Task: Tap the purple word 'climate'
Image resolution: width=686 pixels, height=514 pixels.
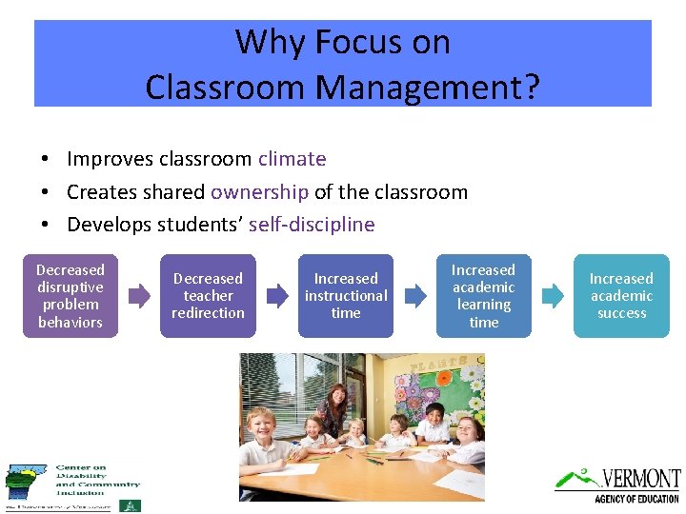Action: [292, 159]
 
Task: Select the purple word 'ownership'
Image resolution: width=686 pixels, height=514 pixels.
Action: [259, 192]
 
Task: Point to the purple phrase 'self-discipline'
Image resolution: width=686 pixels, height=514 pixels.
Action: [312, 226]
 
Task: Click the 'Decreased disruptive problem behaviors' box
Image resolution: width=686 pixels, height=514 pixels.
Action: [71, 296]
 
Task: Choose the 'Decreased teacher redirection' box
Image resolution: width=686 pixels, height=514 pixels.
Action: [208, 296]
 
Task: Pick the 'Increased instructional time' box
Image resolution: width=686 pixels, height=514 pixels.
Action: [346, 296]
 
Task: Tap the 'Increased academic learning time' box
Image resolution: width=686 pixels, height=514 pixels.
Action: [483, 296]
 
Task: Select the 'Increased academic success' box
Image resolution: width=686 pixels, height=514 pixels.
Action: [621, 296]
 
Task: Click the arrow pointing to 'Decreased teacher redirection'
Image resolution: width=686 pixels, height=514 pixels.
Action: [139, 296]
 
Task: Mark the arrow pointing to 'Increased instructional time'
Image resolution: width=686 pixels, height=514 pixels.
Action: [277, 296]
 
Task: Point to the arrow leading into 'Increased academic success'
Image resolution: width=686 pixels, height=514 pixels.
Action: [553, 296]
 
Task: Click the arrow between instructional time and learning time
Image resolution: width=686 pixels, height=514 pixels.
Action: [414, 296]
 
